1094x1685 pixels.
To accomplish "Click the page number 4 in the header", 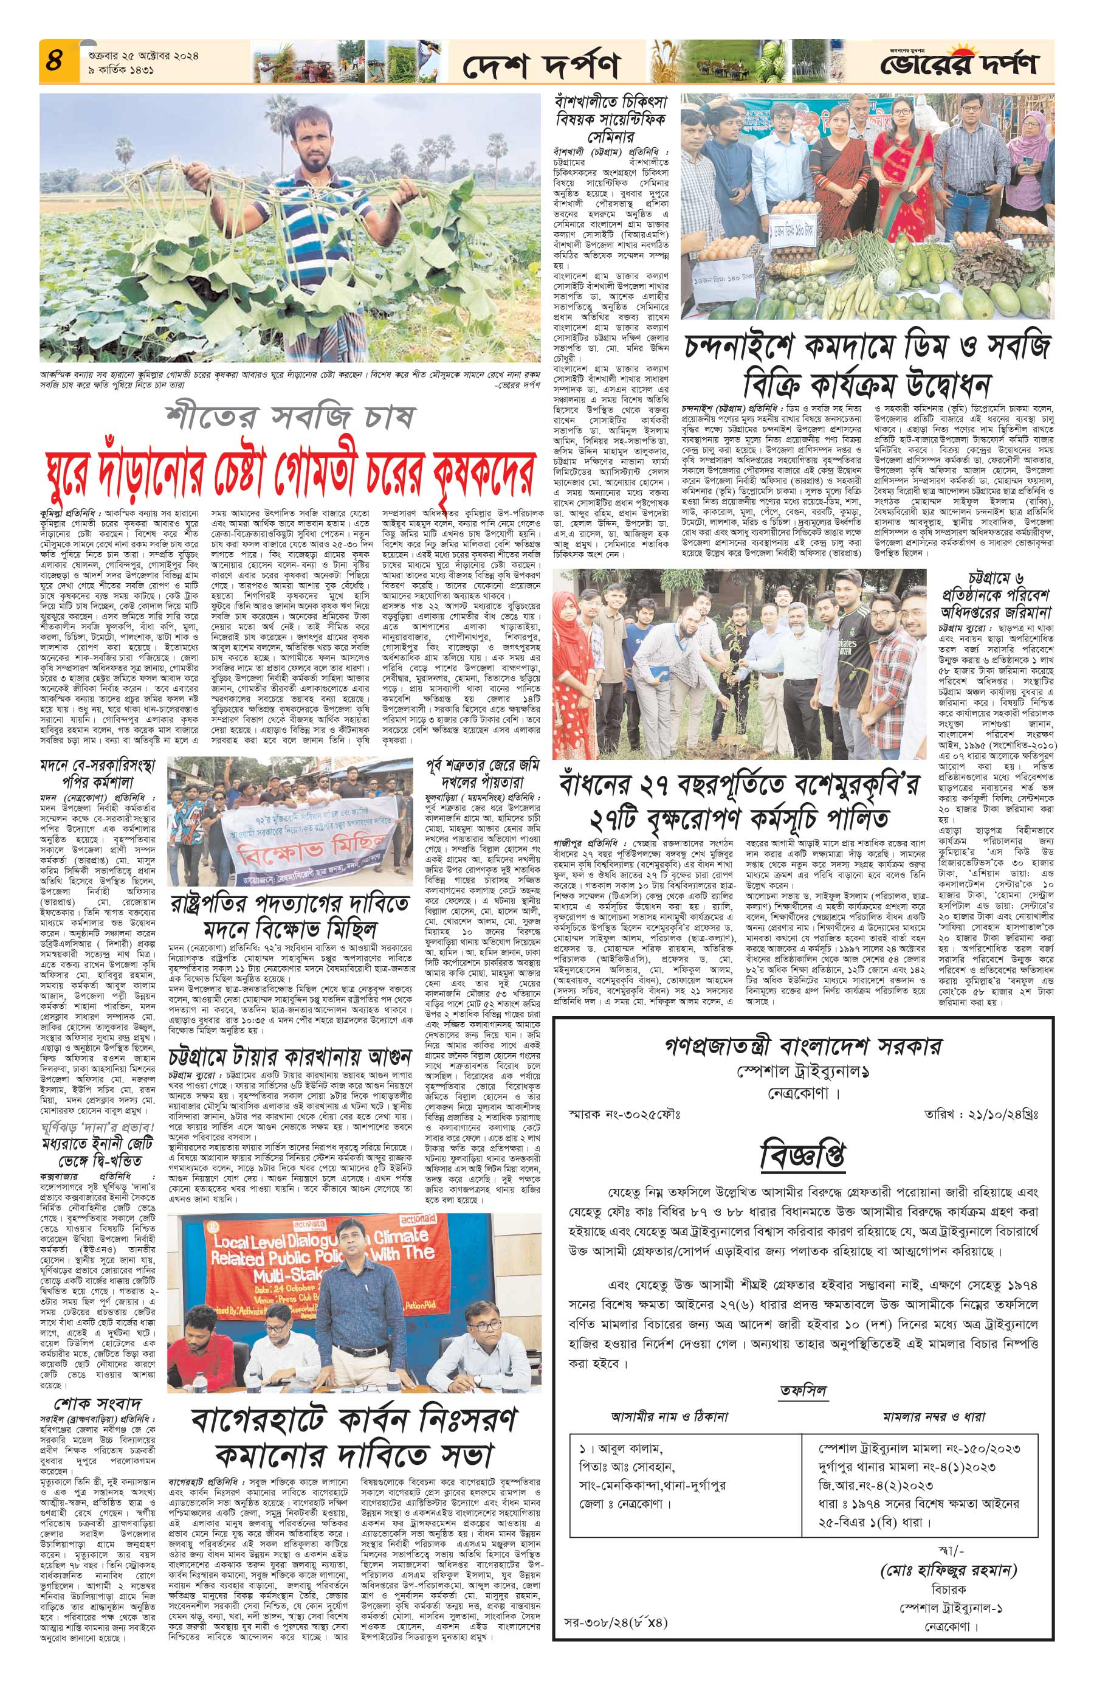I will [x=52, y=60].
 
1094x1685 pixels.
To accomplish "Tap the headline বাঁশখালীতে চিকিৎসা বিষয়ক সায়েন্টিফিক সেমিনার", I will [x=611, y=120].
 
